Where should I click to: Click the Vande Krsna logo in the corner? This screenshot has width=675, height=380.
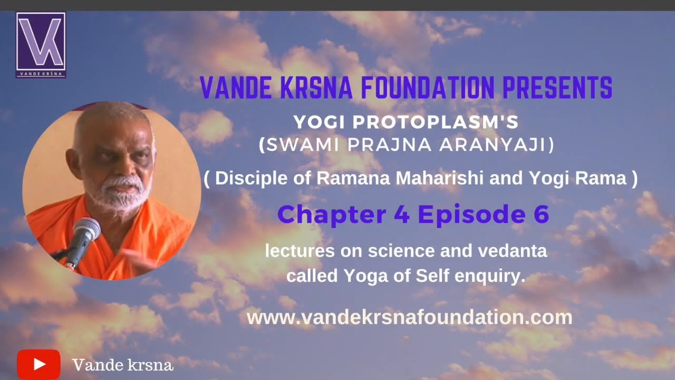tap(41, 45)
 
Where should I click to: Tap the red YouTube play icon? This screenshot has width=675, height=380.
tap(38, 364)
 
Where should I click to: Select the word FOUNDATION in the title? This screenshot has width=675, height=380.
tap(428, 88)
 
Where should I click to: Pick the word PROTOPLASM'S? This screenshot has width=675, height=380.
tap(436, 122)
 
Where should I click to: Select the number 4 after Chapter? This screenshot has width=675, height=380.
tap(401, 215)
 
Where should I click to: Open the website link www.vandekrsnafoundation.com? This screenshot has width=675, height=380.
tap(409, 317)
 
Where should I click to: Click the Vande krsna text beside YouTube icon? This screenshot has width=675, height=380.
tap(122, 365)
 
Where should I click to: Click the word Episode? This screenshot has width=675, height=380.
tap(464, 215)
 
